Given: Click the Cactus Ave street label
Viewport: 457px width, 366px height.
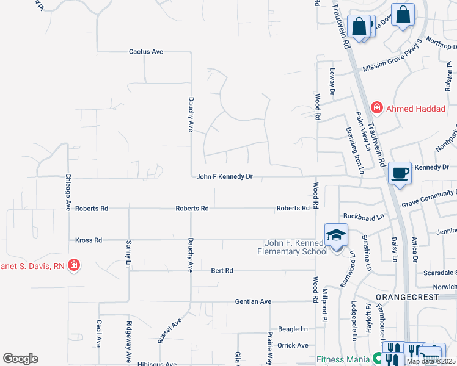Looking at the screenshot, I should tap(145, 52).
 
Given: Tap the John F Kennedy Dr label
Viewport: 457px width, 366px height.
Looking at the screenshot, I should tap(224, 177).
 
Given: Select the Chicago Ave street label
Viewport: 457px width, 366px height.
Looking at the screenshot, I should tap(68, 191).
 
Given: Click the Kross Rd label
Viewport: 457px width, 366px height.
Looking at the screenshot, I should tap(89, 240).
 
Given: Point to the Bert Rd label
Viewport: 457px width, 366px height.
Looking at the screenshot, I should tap(222, 270).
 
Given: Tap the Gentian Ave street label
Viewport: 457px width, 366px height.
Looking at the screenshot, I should tap(253, 301).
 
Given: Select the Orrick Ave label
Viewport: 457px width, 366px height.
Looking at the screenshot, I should tap(293, 345).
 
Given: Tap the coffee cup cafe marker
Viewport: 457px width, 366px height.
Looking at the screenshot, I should tap(400, 174).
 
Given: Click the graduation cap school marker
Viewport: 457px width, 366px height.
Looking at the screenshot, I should tap(335, 235).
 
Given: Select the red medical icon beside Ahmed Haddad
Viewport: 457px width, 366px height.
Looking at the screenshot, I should tap(376, 108).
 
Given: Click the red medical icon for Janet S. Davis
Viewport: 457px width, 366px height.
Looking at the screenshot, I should tap(74, 265).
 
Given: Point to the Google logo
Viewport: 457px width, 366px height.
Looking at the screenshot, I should tap(20, 359).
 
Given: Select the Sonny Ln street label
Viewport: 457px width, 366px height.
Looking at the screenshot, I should tap(129, 251).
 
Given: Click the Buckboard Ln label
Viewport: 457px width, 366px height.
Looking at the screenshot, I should tap(364, 217).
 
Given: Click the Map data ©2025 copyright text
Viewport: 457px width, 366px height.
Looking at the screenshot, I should tap(430, 361).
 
